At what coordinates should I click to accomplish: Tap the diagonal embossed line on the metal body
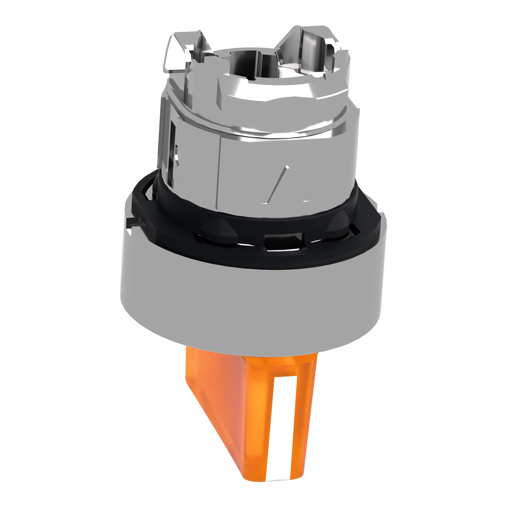tap(278, 184)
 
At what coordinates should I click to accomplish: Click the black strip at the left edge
tap(51, 253)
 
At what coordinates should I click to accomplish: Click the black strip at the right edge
tap(455, 253)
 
